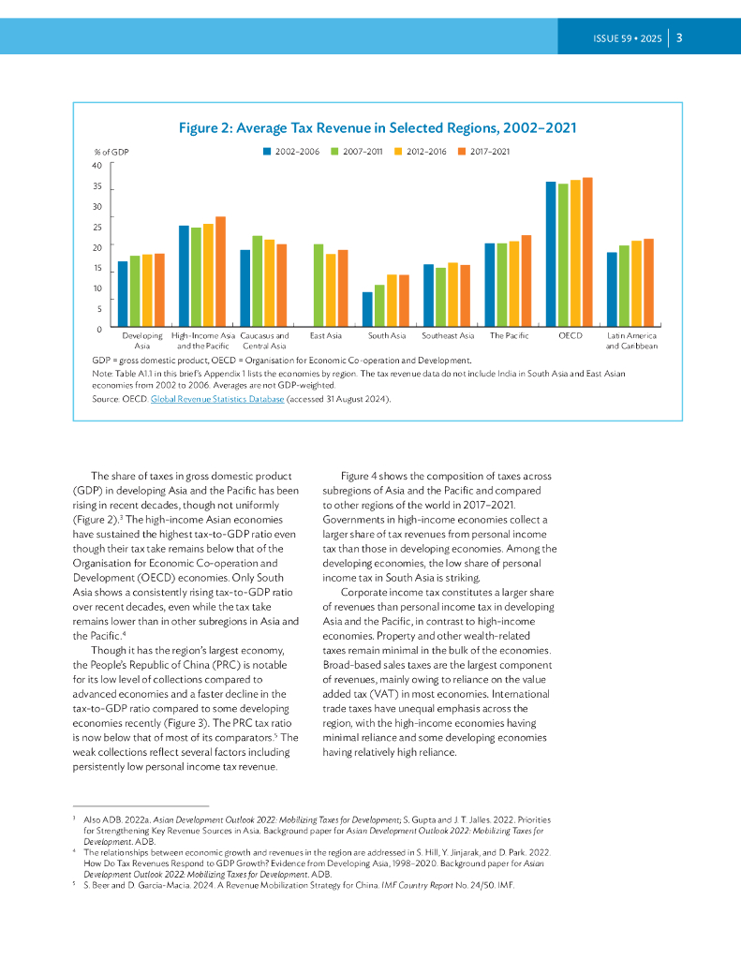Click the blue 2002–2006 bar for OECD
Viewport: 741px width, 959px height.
pyautogui.click(x=551, y=254)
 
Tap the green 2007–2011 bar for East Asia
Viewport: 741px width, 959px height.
pyautogui.click(x=319, y=285)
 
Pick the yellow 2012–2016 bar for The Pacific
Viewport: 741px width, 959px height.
pyautogui.click(x=514, y=284)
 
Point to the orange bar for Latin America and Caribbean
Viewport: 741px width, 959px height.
pyautogui.click(x=649, y=282)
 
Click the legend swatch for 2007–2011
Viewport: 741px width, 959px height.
pyautogui.click(x=335, y=150)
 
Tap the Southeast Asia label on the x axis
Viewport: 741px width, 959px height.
pyautogui.click(x=448, y=335)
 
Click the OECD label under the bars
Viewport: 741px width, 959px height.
pyautogui.click(x=570, y=335)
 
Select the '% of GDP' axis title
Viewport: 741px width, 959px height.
pyautogui.click(x=111, y=151)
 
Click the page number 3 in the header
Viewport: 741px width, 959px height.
pyautogui.click(x=679, y=38)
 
